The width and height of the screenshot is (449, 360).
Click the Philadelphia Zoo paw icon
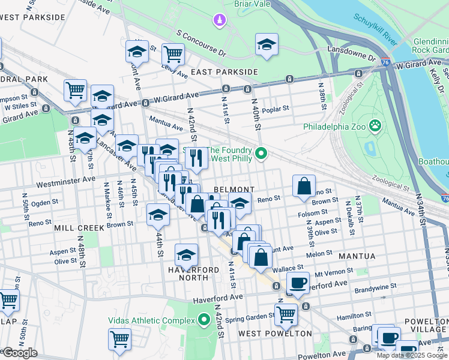(x=375, y=126)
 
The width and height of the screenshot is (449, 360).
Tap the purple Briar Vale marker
(x=220, y=21)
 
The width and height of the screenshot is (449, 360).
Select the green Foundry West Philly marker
(x=261, y=154)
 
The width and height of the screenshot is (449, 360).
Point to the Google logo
(x=20, y=353)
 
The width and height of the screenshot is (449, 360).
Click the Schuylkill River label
(x=376, y=30)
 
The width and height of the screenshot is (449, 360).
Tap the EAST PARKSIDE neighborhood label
(x=224, y=72)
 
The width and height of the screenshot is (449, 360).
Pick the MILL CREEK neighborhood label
(x=80, y=228)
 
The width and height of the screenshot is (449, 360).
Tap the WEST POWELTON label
(x=275, y=333)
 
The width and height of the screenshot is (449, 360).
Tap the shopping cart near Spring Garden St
(x=286, y=313)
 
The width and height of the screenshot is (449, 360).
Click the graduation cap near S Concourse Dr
(x=267, y=44)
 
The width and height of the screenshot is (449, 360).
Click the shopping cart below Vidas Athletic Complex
(x=119, y=338)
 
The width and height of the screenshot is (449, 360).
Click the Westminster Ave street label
(x=65, y=179)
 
